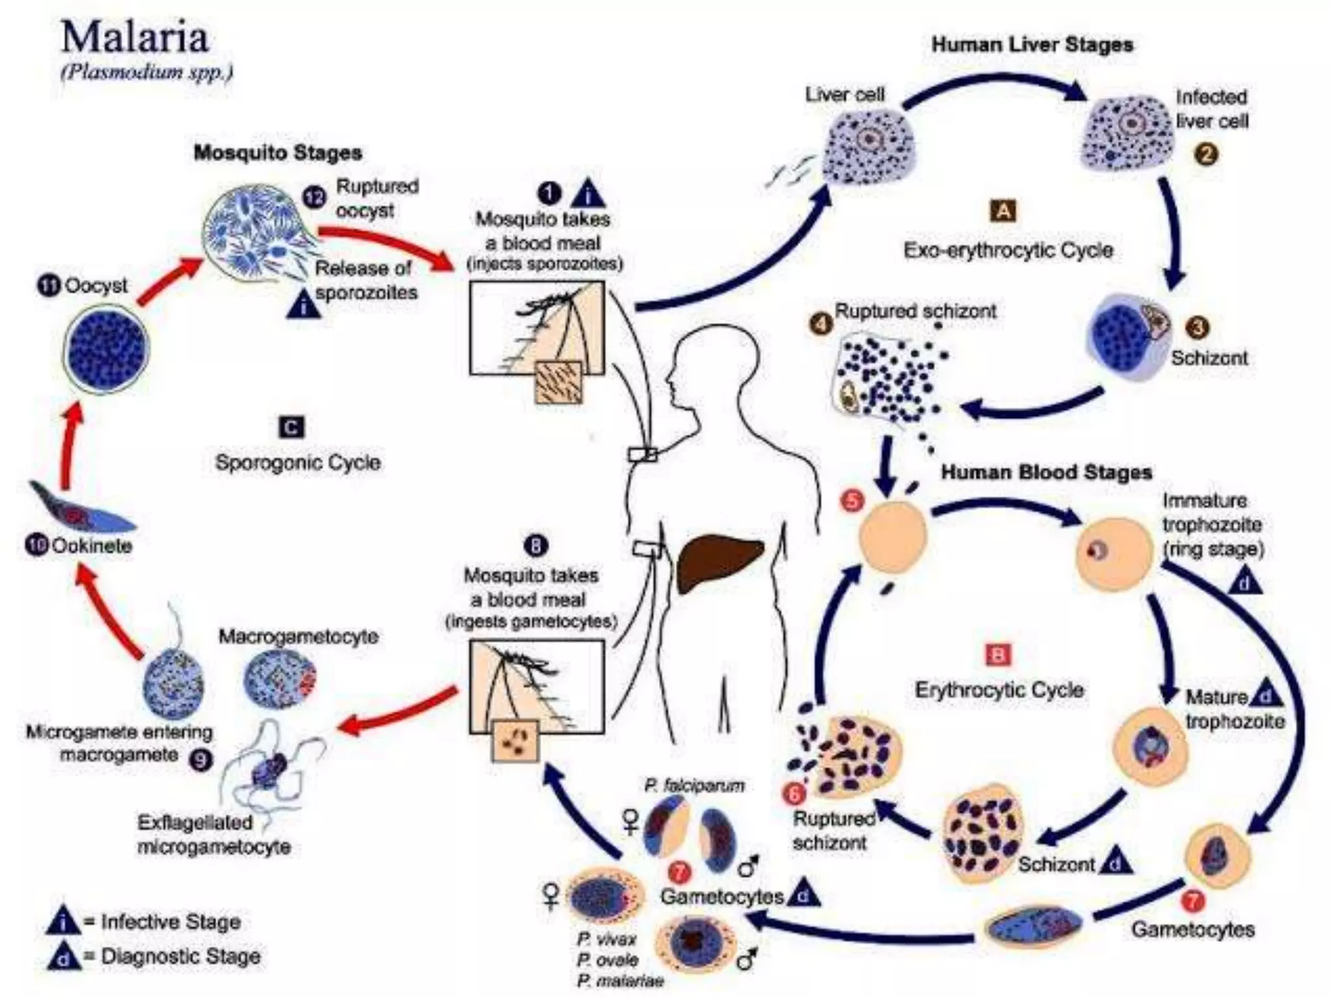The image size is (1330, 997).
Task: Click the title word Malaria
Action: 135,38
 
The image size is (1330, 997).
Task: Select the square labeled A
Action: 1003,211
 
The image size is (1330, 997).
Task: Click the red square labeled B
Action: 998,655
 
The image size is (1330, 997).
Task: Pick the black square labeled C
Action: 291,428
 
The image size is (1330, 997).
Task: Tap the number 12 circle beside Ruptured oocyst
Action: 314,197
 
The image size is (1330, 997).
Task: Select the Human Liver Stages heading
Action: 1032,45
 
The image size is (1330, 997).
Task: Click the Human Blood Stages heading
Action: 1046,472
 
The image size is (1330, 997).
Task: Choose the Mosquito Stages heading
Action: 277,153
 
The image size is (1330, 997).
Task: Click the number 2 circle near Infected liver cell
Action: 1206,154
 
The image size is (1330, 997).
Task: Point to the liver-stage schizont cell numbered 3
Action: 1129,336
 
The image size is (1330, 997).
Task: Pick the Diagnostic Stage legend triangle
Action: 64,957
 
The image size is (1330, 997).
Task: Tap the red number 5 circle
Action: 852,500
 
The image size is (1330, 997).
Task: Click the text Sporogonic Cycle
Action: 297,463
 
